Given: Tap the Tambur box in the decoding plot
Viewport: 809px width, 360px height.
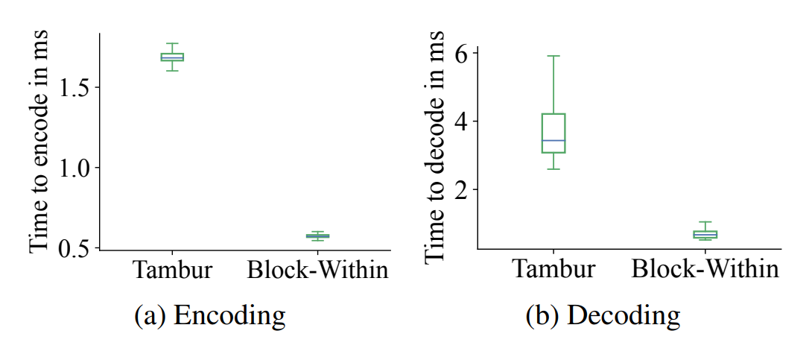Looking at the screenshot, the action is (553, 114).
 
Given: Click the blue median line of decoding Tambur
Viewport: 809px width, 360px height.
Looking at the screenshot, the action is (553, 140).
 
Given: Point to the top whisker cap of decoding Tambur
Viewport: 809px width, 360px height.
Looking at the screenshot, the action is (553, 56).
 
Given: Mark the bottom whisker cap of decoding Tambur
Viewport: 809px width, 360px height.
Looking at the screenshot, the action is (553, 169).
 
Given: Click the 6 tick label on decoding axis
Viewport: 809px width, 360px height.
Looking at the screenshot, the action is (462, 54).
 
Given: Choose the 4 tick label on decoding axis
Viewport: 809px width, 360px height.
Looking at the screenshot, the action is (462, 121).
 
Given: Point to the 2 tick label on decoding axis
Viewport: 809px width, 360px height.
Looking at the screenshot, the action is (462, 189).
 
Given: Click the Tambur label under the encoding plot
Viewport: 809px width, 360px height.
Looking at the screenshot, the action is (172, 270).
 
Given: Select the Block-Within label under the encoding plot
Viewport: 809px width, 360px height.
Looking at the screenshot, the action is (318, 270).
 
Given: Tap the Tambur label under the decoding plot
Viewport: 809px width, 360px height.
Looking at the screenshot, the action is (553, 270).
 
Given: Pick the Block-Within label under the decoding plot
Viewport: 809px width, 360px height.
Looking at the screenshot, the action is (705, 270).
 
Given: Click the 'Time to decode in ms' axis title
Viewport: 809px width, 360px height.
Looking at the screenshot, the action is (436, 147).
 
